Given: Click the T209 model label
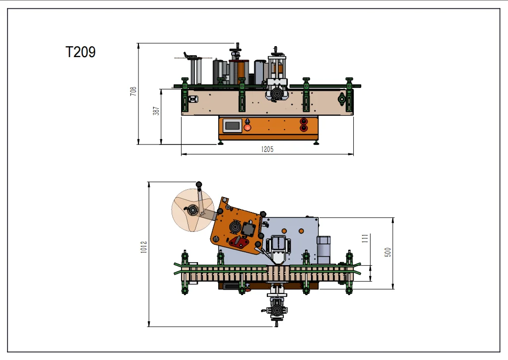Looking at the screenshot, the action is point(80,52).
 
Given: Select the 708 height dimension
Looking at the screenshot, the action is point(133,91).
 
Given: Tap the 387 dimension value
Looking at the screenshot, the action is point(156,111).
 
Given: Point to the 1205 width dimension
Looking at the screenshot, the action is point(267,149).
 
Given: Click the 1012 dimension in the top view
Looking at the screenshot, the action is point(144,247).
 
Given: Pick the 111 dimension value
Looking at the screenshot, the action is point(366,238).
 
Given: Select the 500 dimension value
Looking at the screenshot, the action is point(388,252).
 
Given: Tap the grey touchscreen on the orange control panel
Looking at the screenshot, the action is point(232,125).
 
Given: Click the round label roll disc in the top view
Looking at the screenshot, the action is point(193,210).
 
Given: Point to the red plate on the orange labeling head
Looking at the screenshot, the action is point(239,242).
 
